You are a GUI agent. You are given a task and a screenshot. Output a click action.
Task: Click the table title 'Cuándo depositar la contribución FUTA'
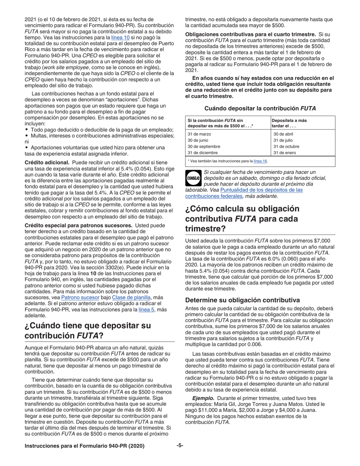[x=260, y=108]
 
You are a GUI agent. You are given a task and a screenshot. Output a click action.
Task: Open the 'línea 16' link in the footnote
[x=260, y=161]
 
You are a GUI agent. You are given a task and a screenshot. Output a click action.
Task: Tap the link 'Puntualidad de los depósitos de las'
[x=261, y=190]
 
